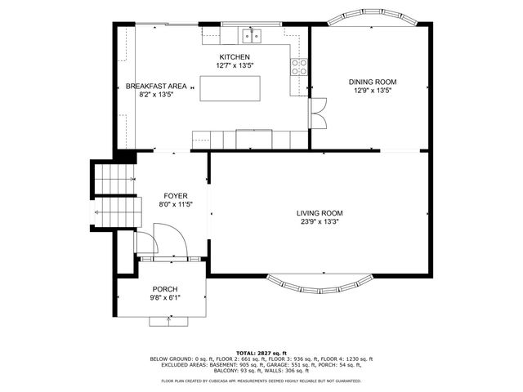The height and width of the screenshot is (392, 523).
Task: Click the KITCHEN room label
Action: (x=228, y=56)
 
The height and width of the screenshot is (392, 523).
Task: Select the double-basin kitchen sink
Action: (x=254, y=34)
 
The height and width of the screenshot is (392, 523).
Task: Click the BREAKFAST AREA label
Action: (x=156, y=86)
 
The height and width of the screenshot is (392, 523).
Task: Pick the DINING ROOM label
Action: (x=372, y=82)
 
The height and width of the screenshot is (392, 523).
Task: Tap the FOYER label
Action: (x=176, y=196)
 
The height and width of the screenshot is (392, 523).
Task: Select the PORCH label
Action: (x=164, y=289)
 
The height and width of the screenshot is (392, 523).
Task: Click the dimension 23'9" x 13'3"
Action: (x=319, y=221)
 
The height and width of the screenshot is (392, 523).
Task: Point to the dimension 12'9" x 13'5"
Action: (x=372, y=91)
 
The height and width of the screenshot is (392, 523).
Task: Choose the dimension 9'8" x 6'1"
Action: (x=164, y=298)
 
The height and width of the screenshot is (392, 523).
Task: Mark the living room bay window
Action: (x=320, y=285)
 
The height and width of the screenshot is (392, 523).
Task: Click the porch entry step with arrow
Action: (x=169, y=320)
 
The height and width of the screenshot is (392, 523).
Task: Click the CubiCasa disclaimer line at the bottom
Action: (x=261, y=380)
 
